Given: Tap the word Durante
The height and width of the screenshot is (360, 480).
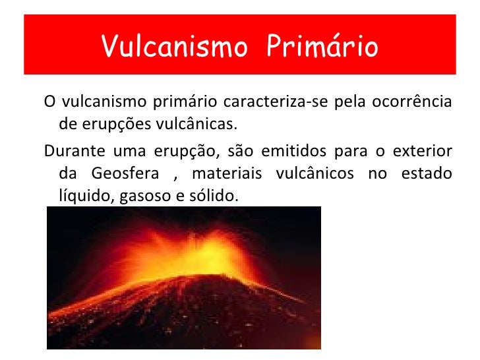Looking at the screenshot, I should coord(69,151).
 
